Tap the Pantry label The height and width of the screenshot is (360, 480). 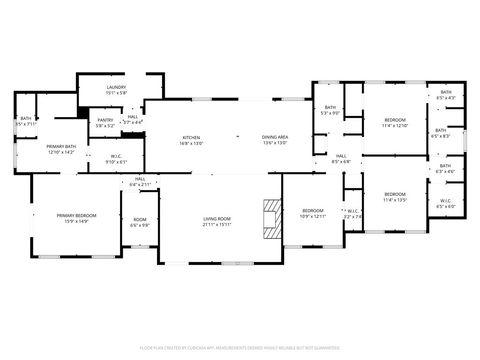point(106,124)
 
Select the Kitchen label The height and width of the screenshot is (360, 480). point(191,140)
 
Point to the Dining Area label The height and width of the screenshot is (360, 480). point(275,140)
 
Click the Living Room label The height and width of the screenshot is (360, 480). point(217,221)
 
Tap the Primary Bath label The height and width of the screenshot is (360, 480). point(61,150)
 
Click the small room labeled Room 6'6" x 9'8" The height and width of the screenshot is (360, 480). point(140,222)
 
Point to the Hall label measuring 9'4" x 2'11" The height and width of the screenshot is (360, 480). point(140,184)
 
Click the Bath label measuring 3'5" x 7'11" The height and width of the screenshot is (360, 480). point(26,122)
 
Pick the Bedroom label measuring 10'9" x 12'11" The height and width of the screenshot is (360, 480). point(313,213)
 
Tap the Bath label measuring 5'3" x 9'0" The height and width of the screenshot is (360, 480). point(330,112)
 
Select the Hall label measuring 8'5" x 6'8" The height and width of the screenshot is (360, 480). point(340,158)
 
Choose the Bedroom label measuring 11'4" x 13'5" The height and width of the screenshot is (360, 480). point(395,196)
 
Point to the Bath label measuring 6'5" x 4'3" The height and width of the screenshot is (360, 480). point(445,96)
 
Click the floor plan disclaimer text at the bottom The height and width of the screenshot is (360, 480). point(240,348)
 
